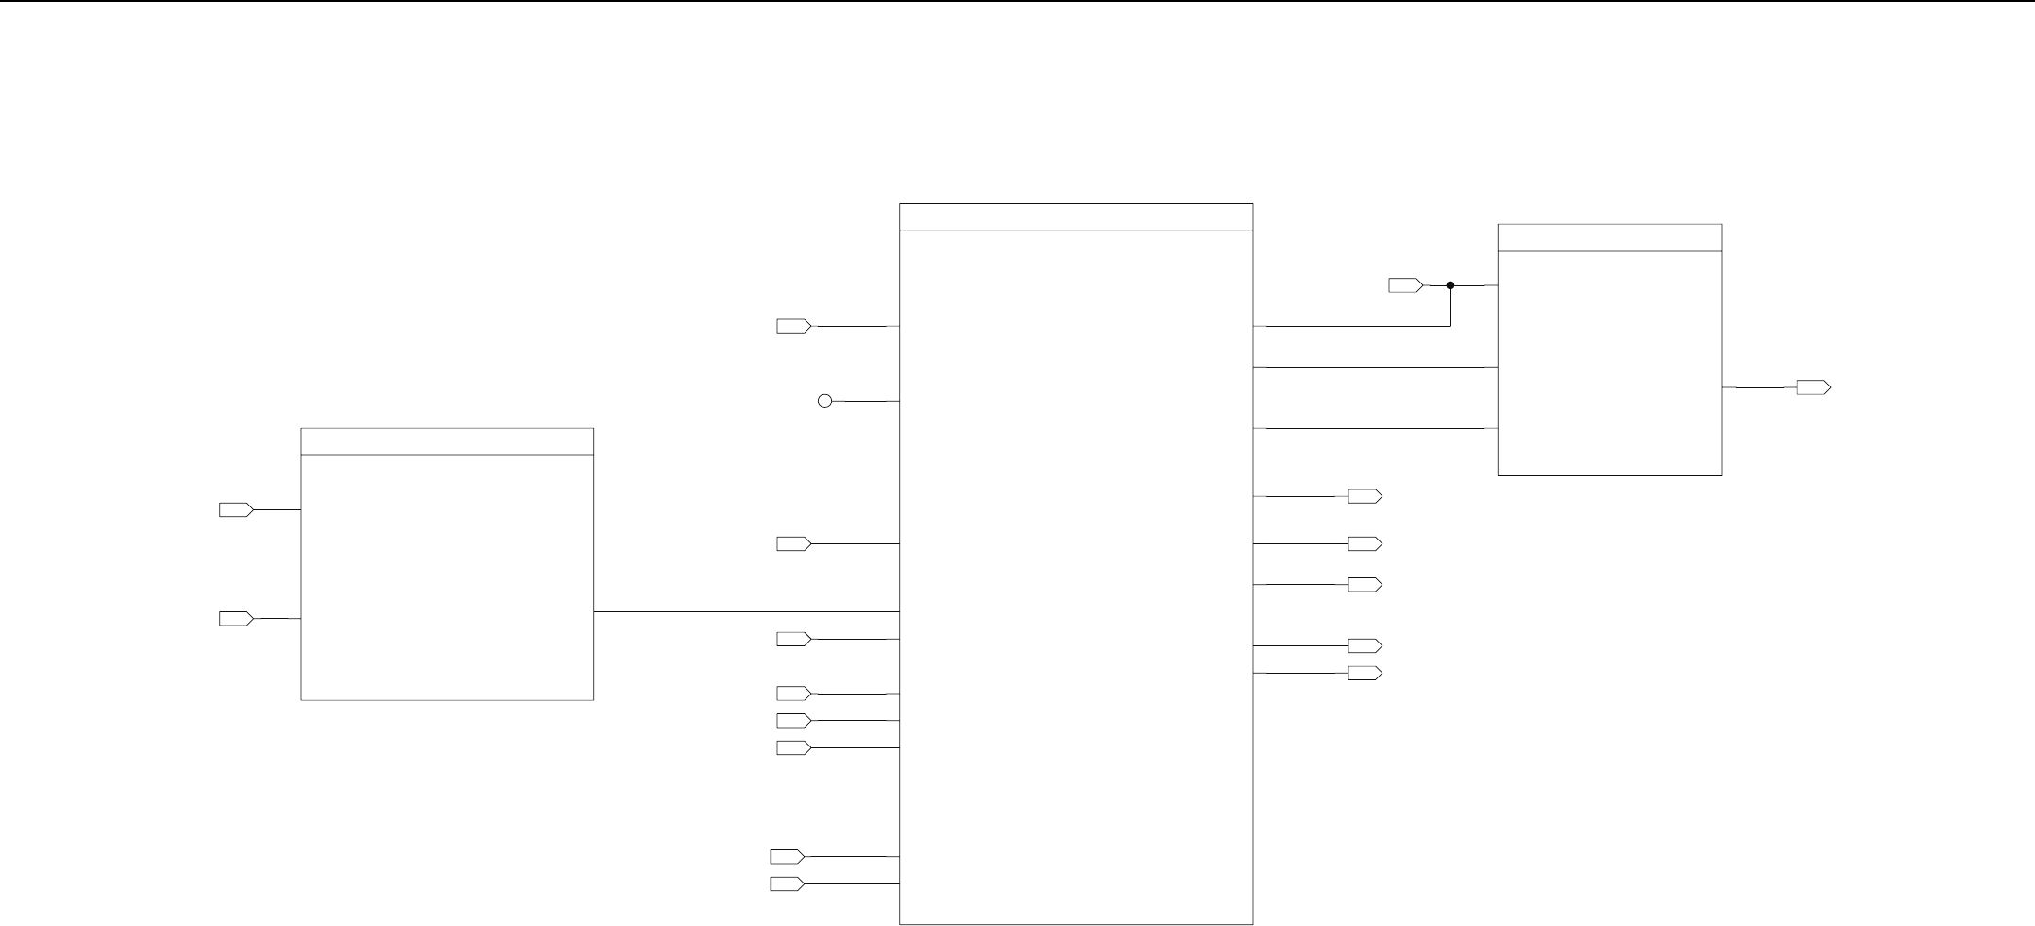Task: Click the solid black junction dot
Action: click(x=1450, y=284)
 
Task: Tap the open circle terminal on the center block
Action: click(x=824, y=401)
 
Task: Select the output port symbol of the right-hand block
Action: click(x=1813, y=387)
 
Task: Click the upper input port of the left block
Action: click(x=236, y=509)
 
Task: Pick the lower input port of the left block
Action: click(x=236, y=619)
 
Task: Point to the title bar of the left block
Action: click(x=447, y=442)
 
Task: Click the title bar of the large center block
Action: click(x=1076, y=217)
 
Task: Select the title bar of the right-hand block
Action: click(x=1610, y=238)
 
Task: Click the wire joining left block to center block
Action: click(x=746, y=611)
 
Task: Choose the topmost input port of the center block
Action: click(x=793, y=326)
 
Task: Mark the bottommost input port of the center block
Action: click(x=787, y=884)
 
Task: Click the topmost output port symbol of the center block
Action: click(x=1365, y=496)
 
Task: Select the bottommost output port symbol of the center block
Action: click(x=1365, y=673)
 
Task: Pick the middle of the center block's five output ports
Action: click(x=1365, y=585)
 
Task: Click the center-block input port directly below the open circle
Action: click(x=793, y=543)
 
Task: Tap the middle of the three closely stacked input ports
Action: click(x=793, y=721)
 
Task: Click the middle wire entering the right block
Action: click(x=1375, y=367)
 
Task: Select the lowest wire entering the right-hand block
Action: click(x=1375, y=428)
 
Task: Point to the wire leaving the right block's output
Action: click(x=1759, y=387)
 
